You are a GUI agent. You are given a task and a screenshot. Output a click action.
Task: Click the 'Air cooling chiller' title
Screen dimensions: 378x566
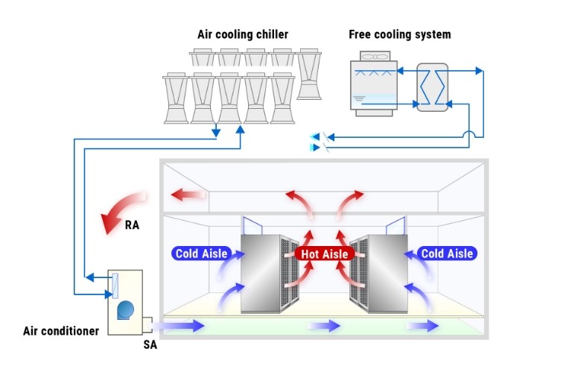tap(242, 34)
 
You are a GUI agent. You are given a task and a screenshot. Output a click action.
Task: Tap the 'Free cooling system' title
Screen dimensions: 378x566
tap(399, 34)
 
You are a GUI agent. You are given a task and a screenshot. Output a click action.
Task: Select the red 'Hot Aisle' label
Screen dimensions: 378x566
tap(324, 253)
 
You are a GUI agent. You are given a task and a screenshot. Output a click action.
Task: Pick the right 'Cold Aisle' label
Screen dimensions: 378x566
tap(447, 253)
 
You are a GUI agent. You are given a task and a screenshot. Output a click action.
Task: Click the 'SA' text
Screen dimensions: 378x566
tap(150, 344)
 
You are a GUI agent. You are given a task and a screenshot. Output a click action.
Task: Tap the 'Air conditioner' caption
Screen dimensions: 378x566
tap(60, 330)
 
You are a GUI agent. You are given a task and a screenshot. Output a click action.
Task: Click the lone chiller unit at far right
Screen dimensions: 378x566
tap(309, 74)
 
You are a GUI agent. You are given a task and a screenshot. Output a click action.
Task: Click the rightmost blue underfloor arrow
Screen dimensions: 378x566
tap(423, 325)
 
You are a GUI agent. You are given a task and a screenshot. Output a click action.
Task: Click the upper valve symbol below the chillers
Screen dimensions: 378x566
tap(322, 136)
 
